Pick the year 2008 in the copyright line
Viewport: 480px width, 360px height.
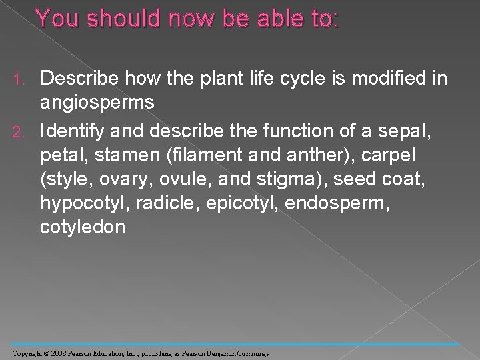point(59,352)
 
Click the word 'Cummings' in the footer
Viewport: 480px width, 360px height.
point(252,352)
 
